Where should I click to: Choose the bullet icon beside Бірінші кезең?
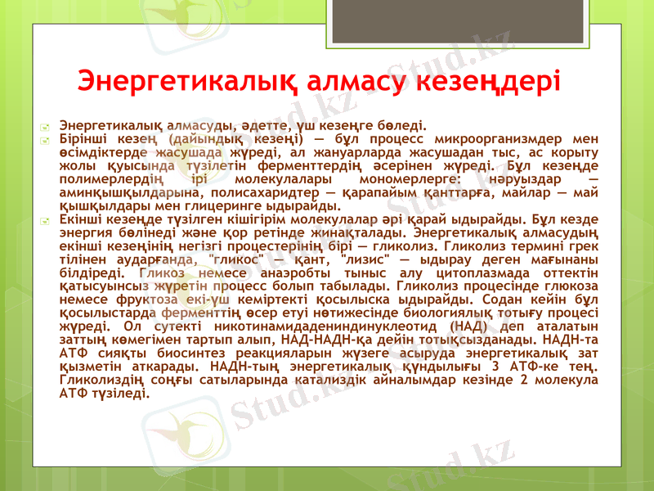click(x=49, y=140)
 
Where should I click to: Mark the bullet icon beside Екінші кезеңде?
click(x=49, y=219)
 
